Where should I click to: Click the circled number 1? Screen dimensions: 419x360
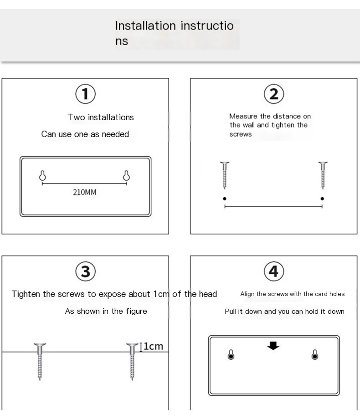[x=85, y=94]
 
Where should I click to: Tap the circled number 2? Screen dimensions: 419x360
[x=274, y=94]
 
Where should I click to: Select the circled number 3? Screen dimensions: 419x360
[x=85, y=271]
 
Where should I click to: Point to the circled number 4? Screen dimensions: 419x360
[x=273, y=271]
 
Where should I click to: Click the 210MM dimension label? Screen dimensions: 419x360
[x=85, y=192]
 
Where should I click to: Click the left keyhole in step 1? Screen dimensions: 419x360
[x=42, y=176]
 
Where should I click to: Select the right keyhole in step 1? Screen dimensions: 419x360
[x=127, y=175]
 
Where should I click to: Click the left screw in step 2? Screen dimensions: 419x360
[x=225, y=175]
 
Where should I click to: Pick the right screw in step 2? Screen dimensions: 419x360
[x=323, y=175]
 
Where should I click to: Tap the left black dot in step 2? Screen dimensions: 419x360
[x=225, y=199]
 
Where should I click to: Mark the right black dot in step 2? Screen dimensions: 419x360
[x=322, y=199]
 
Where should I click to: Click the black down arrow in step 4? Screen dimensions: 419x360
[x=273, y=346]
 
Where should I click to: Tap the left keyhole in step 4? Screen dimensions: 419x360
[x=231, y=355]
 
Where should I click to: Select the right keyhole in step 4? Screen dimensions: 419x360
[x=315, y=355]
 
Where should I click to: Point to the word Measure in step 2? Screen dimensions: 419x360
[x=243, y=117]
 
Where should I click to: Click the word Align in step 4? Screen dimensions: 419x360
[x=247, y=294]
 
